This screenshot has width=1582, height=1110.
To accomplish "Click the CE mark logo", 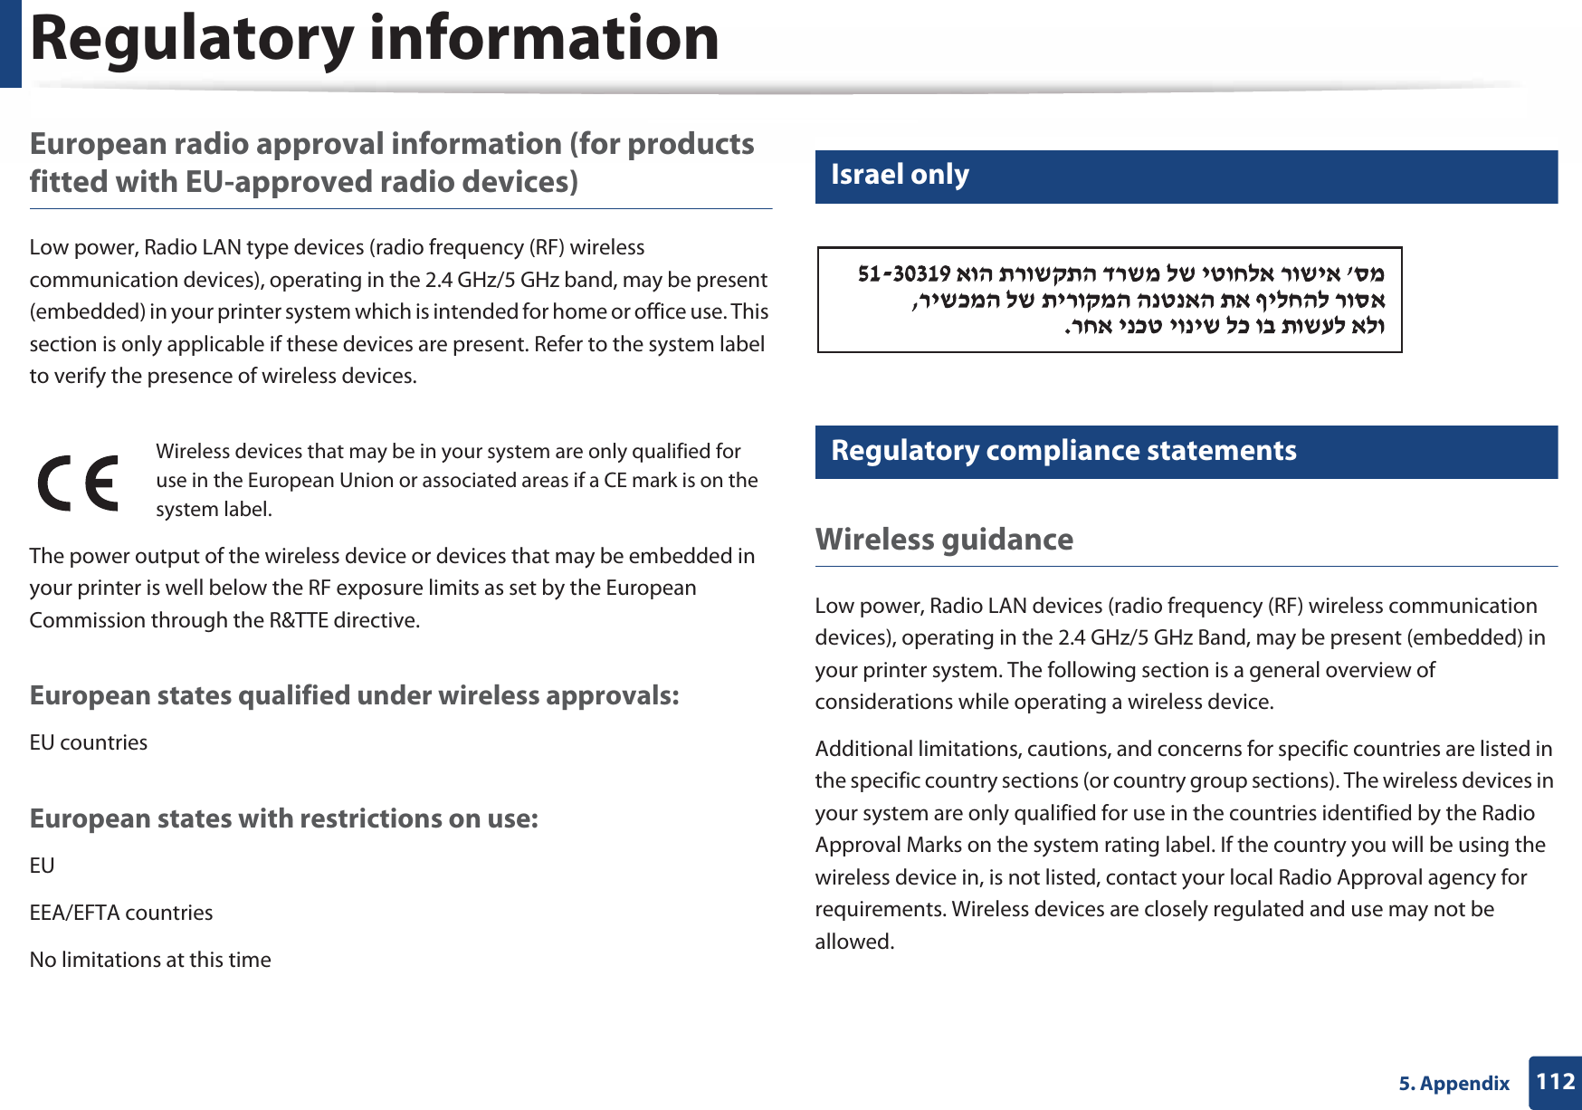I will coord(78,483).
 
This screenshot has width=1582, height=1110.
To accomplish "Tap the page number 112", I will coord(1555,1082).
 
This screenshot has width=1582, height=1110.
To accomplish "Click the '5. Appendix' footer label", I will coord(1453,1084).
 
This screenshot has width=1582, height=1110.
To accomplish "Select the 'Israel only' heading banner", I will coord(900,175).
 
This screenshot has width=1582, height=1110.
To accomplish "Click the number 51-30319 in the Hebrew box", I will coord(903,273).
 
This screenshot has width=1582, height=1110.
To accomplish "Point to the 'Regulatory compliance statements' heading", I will coord(1063,451).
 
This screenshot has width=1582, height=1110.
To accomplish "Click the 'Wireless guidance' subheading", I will coord(944,540).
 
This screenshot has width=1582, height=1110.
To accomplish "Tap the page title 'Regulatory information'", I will coord(375,39).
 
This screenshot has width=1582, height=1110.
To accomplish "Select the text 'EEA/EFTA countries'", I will coord(121,913).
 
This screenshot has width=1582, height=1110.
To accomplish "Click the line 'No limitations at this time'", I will coord(150,960).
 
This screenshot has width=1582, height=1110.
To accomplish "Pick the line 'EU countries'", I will coord(89,742).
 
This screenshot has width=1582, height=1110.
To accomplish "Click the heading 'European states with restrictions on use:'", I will coord(284,818).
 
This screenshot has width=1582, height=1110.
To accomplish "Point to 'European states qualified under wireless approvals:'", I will coord(354,695).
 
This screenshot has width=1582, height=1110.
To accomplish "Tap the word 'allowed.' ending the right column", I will coord(854,942).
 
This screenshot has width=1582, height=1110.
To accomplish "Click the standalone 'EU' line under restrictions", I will coord(42,866).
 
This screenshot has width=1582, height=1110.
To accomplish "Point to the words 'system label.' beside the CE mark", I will coord(214,510).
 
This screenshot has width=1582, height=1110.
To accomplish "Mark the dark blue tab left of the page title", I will coord(10,43).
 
